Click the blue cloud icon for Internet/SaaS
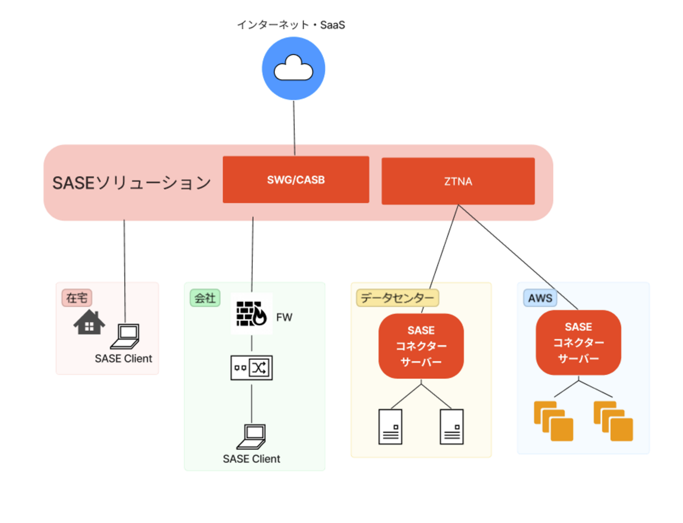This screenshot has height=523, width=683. point(293,68)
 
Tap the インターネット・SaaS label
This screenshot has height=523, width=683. point(291,25)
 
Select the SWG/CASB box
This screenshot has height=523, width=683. point(296,180)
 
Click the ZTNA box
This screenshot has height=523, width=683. point(458,181)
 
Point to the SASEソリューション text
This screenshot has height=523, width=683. point(132,183)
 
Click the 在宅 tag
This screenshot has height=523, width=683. point(77,298)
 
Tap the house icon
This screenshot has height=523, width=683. point(89,322)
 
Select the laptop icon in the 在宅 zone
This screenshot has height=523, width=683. point(125,336)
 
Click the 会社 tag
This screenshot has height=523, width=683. point(205,298)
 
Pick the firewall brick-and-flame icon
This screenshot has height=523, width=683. point(252,313)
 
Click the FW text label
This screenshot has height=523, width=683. point(284,317)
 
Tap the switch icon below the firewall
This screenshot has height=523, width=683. point(252,367)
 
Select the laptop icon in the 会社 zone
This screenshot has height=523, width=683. point(251,437)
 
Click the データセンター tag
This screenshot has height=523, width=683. point(397,298)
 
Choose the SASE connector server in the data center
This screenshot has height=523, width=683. point(421,346)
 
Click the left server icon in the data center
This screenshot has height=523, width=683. point(390,427)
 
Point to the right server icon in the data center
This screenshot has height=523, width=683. point(451,427)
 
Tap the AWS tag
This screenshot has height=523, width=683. point(540,298)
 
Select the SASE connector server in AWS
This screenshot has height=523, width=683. point(578,342)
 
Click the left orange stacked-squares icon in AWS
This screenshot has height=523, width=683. point(554,421)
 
